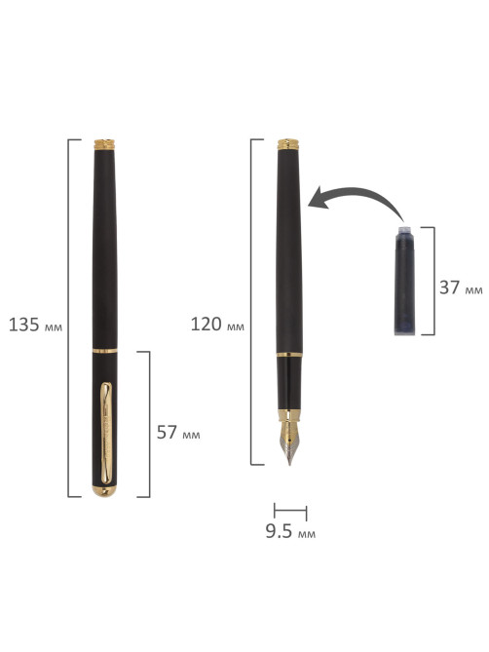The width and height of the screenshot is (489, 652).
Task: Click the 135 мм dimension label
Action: [x=35, y=325]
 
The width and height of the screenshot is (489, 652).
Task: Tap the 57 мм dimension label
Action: [x=178, y=433]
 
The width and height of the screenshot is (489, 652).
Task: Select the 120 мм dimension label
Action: [x=217, y=325]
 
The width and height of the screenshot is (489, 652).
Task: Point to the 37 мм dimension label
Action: [x=461, y=288]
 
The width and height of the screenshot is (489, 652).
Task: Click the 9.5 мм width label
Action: [x=290, y=531]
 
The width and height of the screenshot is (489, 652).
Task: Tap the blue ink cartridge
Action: [x=404, y=281]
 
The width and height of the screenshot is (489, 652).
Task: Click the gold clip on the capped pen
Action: [x=106, y=433]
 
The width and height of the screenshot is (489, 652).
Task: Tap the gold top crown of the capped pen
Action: [x=104, y=144]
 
